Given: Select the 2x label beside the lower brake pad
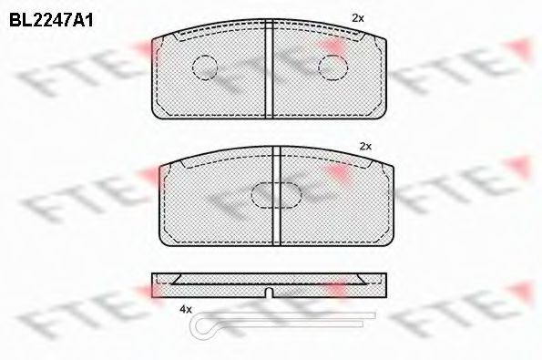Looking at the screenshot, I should click(366, 146).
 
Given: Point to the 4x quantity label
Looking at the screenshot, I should click(187, 310).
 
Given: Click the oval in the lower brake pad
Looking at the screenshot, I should click(272, 195).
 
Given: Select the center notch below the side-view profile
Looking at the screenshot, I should click(271, 293).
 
